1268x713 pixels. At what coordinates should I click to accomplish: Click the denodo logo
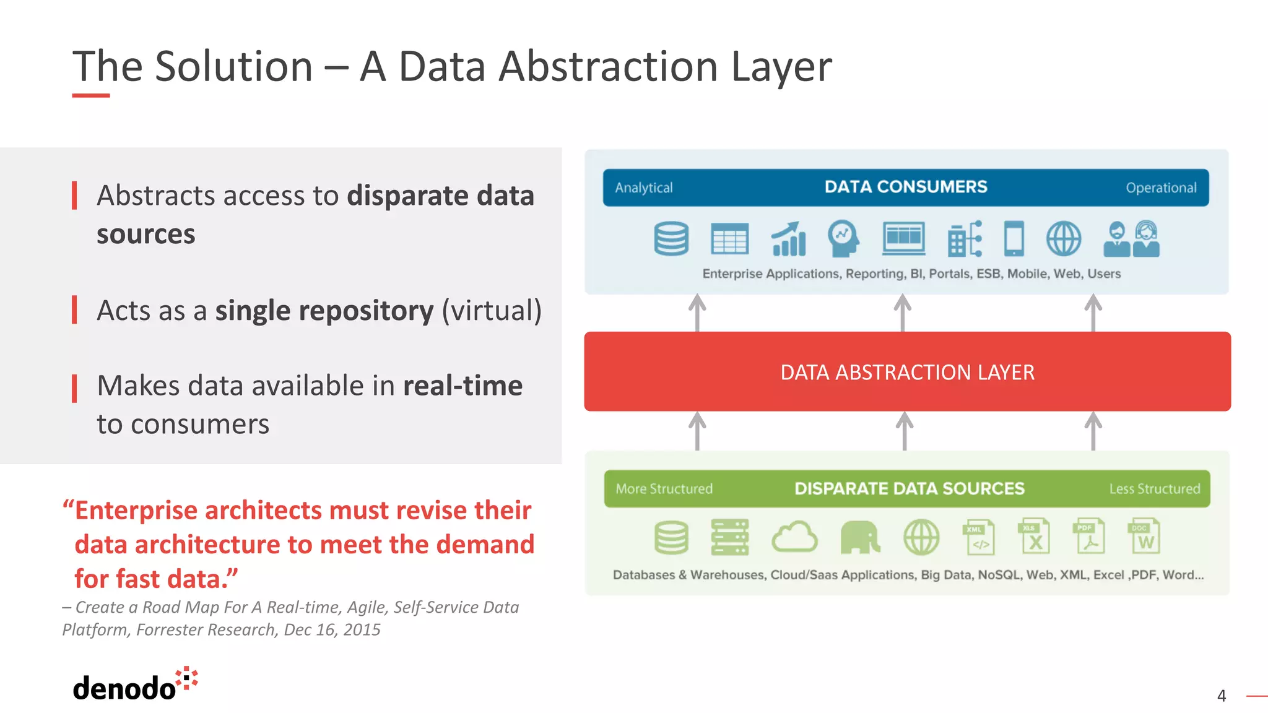point(134,686)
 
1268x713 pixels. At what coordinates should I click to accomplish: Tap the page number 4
point(1221,696)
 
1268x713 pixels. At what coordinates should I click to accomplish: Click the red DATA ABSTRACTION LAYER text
point(907,373)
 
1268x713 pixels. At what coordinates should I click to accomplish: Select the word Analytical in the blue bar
point(643,188)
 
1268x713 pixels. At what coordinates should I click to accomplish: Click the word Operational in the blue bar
point(1161,188)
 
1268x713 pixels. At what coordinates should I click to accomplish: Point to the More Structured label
point(664,489)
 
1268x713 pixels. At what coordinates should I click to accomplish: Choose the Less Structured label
point(1154,489)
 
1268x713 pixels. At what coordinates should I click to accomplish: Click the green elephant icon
point(860,537)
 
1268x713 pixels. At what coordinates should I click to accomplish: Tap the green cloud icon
point(794,537)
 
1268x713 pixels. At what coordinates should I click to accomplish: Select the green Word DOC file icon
point(1144,537)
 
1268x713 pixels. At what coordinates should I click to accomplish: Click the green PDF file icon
point(1088,537)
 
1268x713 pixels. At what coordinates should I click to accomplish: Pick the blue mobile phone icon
point(1014,238)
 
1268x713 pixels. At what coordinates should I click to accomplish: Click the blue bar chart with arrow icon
point(788,240)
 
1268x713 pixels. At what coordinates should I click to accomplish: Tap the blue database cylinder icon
point(671,239)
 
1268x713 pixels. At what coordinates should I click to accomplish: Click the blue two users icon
point(1131,239)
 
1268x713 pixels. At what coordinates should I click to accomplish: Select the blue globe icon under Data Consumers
point(1064,239)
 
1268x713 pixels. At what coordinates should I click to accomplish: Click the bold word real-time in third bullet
point(462,386)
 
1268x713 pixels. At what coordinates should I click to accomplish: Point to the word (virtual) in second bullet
point(492,311)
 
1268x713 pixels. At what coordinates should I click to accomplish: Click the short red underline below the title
point(91,95)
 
